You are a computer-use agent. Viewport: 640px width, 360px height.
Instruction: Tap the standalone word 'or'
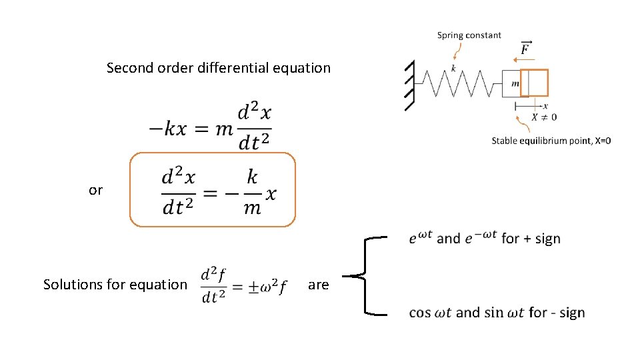[96, 191]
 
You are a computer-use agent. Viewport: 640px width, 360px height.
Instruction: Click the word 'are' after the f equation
[318, 285]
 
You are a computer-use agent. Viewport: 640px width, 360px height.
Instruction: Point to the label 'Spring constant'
[469, 35]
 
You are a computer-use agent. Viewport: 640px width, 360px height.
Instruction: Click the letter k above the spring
[453, 68]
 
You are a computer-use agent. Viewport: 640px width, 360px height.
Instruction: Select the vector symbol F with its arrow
[525, 48]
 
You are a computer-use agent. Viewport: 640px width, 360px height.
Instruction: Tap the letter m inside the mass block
[515, 83]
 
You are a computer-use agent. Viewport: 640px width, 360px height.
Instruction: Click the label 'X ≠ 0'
[544, 117]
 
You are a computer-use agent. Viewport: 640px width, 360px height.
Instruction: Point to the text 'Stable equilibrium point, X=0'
[551, 141]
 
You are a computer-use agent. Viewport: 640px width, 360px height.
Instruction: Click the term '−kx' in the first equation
[167, 129]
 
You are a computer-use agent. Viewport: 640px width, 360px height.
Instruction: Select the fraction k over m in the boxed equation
[252, 192]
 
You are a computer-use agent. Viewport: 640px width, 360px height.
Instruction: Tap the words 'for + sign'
[531, 239]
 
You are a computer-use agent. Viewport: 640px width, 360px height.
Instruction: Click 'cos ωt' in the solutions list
[430, 313]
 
